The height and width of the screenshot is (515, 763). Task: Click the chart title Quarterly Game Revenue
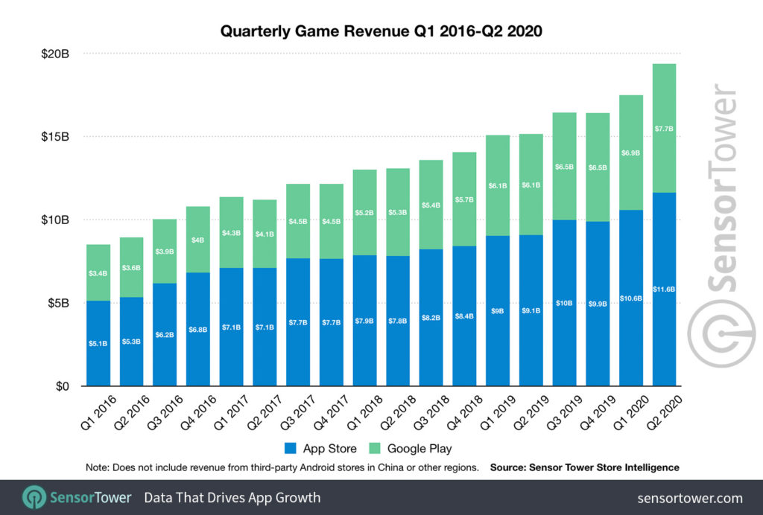tap(381, 32)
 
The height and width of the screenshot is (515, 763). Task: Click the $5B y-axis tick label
tap(57, 304)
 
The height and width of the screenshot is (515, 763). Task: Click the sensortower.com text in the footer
tap(690, 498)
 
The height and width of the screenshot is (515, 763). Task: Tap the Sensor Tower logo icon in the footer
tap(34, 498)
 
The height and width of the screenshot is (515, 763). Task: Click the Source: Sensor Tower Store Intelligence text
tap(584, 467)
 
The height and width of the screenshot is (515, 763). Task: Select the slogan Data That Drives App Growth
tap(232, 498)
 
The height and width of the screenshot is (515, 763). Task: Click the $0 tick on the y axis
tap(62, 387)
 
